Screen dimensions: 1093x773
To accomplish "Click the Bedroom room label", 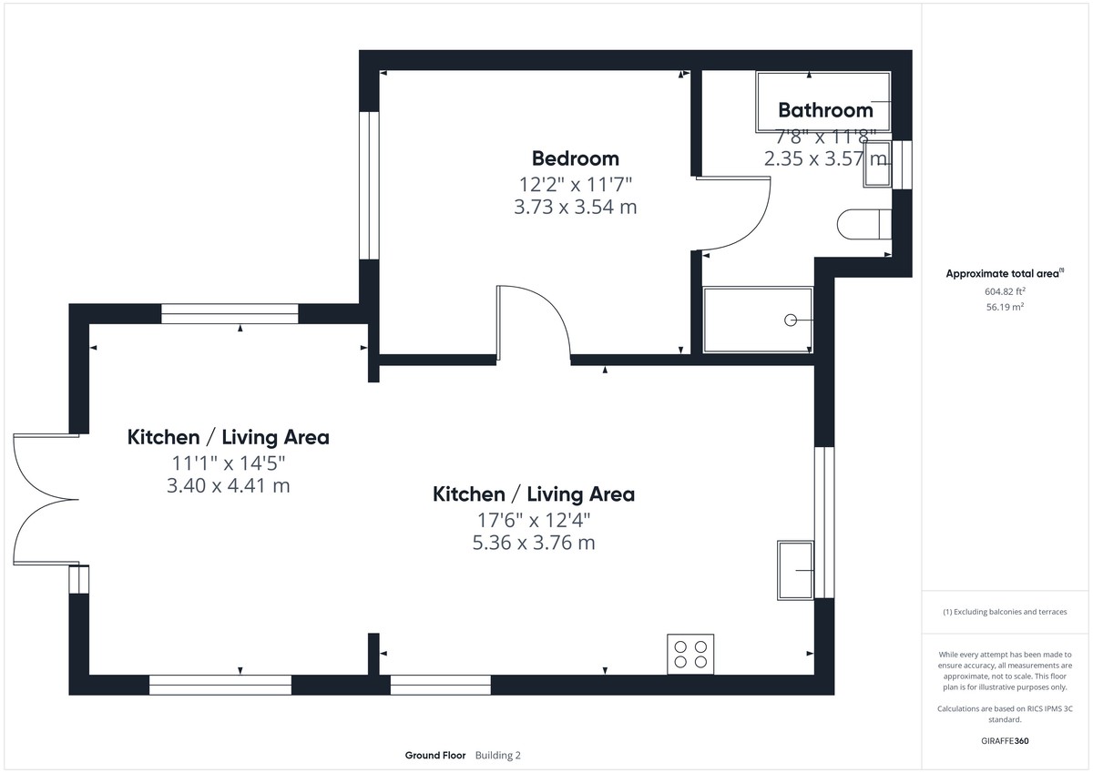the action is click(576, 158).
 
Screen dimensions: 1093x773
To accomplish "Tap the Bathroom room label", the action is click(825, 110).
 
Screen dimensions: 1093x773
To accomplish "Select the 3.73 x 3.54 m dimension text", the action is click(576, 207).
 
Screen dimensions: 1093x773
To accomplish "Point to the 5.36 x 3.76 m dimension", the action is click(534, 543).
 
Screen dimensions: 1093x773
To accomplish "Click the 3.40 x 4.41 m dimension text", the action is click(229, 485).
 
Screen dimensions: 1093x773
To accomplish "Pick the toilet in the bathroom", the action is click(864, 224).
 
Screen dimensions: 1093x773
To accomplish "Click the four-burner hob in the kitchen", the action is click(690, 654).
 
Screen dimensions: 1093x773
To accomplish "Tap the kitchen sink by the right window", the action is click(795, 570).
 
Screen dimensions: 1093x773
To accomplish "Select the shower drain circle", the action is click(791, 320).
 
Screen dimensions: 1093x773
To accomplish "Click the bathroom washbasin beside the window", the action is click(877, 164).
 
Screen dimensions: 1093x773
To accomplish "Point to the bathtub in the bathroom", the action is click(823, 102).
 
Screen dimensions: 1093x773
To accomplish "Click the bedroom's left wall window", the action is click(369, 186).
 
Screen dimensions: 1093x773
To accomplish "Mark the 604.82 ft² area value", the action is click(1005, 291).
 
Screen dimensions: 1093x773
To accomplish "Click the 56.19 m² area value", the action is click(1005, 307).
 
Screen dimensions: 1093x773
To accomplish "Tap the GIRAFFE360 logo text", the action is click(1005, 741).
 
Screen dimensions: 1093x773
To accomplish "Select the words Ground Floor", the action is click(435, 756).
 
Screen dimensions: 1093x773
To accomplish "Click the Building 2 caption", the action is click(497, 756).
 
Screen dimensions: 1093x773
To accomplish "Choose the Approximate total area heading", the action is click(1005, 273).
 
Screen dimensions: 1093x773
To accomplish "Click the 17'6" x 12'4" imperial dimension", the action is click(534, 521).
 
